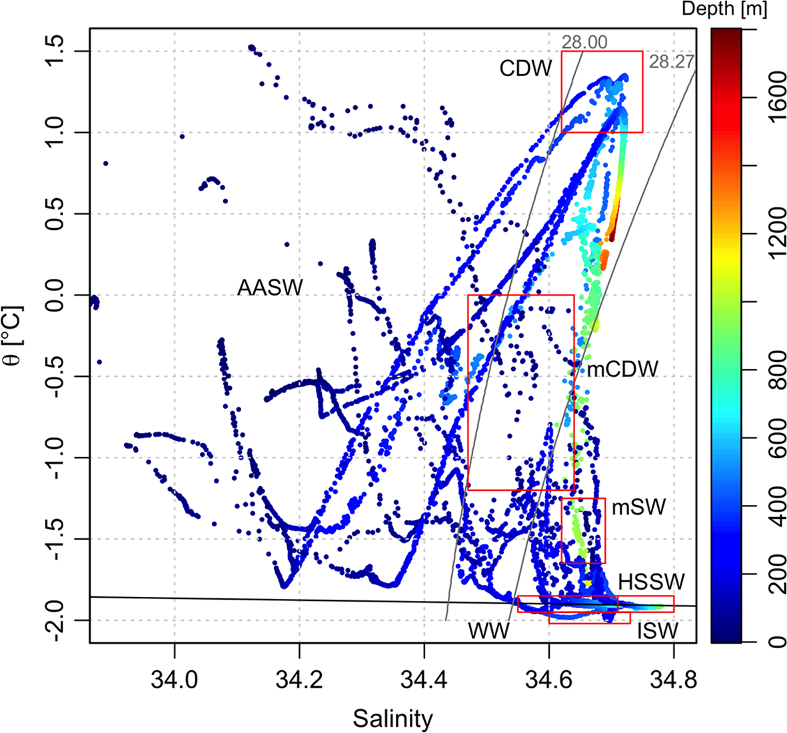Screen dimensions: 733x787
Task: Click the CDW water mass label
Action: click(x=526, y=68)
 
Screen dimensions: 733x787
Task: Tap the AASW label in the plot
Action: click(x=270, y=288)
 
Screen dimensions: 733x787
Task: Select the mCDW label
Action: click(x=622, y=369)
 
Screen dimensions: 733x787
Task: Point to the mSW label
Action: click(x=638, y=507)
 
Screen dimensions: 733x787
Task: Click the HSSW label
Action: click(x=651, y=581)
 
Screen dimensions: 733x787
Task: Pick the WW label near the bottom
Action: click(x=488, y=630)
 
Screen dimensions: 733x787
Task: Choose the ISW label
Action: click(x=657, y=631)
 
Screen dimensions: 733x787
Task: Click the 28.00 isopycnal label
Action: click(x=584, y=42)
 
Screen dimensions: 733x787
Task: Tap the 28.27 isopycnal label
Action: click(x=671, y=62)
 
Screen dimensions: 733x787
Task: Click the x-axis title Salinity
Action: click(x=393, y=718)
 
